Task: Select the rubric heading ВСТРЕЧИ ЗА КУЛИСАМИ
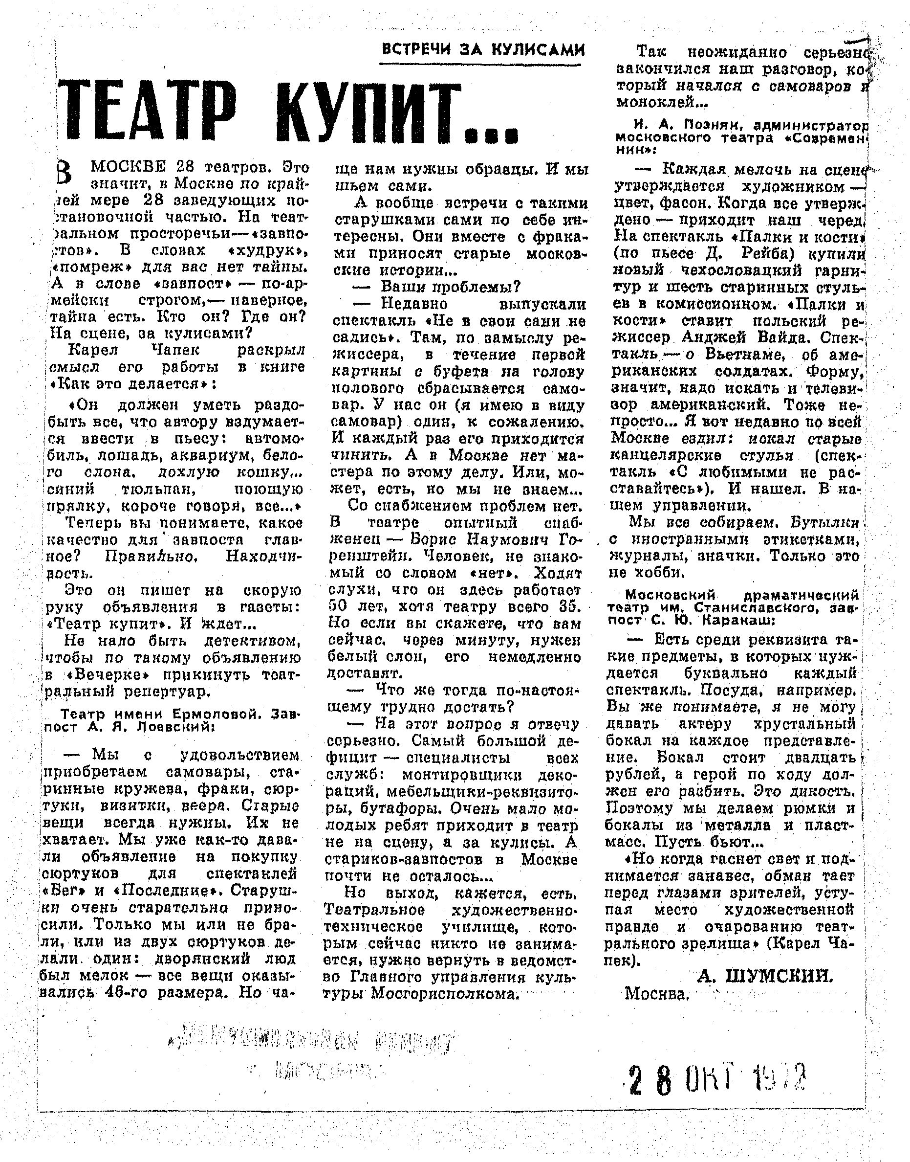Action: tap(483, 49)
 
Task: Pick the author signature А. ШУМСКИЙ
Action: tap(764, 976)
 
